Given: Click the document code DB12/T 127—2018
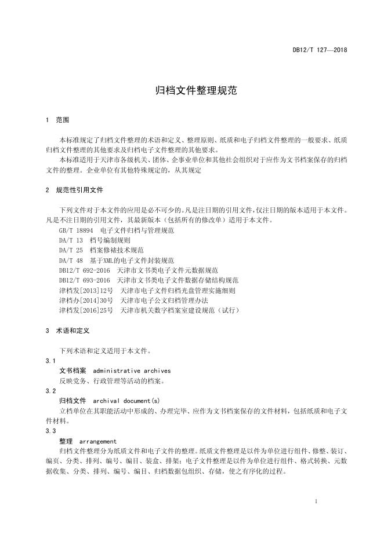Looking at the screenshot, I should click(319, 51).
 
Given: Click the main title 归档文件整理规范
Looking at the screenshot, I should click(192, 91).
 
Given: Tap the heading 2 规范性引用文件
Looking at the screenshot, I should click(74, 190).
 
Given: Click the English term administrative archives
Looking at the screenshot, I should click(132, 371).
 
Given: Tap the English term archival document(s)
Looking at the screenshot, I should click(126, 401).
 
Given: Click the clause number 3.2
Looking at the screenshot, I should click(50, 391).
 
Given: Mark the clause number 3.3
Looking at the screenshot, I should click(50, 431).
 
